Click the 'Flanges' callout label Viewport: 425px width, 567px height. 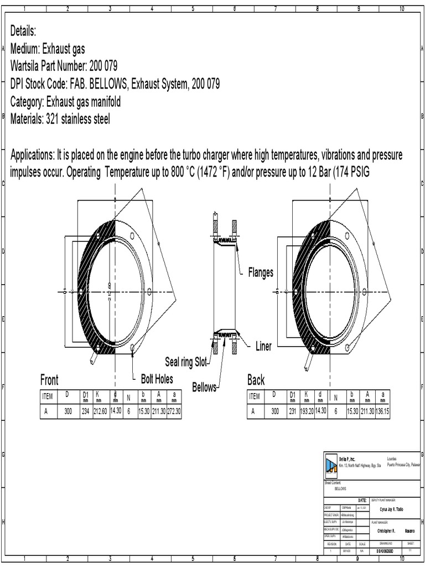(260, 273)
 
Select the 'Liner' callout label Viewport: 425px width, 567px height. (263, 347)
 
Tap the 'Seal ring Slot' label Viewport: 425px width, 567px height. (188, 362)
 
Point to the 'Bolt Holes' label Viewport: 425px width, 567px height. (157, 379)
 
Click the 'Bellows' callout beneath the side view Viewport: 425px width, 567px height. (205, 386)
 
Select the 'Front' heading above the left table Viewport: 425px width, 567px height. (49, 380)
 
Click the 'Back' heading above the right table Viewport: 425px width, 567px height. (256, 380)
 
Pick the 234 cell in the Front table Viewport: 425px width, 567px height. (86, 411)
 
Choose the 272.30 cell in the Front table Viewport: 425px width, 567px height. (174, 411)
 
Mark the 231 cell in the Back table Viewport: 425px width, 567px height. (293, 411)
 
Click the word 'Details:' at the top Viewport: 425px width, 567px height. (23, 30)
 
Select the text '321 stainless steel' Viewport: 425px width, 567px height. (77, 120)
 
